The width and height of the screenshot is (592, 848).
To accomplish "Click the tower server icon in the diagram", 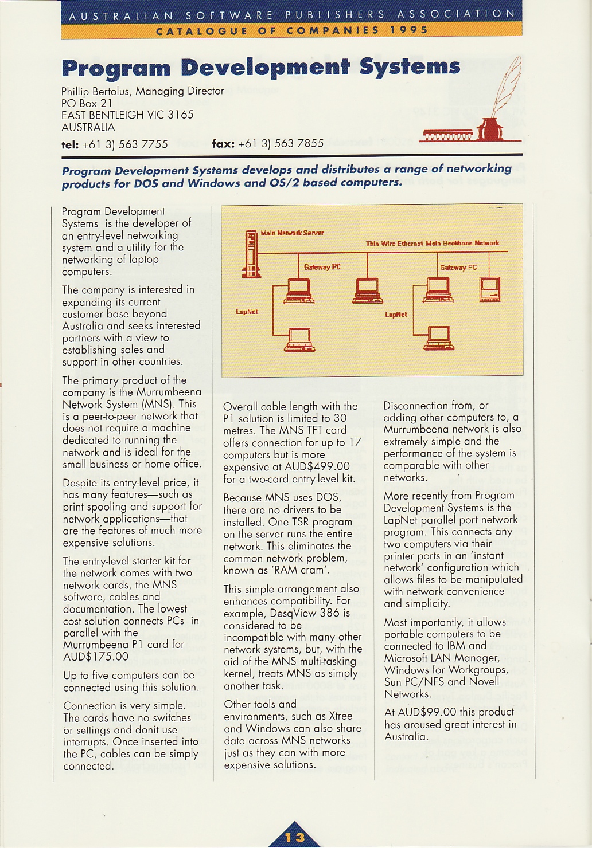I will pos(251,254).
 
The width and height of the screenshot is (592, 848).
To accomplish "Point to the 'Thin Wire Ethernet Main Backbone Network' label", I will pos(433,244).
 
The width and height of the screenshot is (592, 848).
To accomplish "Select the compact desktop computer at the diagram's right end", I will pos(490,288).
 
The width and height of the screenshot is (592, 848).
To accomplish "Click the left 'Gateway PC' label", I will pos(322,267).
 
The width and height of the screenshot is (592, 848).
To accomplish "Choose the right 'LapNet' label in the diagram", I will pos(396,315).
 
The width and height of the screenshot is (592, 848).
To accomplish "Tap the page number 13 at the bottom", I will pos(295,837).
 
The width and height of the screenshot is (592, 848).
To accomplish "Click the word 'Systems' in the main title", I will pos(410,67).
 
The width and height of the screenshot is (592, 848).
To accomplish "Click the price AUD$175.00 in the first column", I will pos(96,657).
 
